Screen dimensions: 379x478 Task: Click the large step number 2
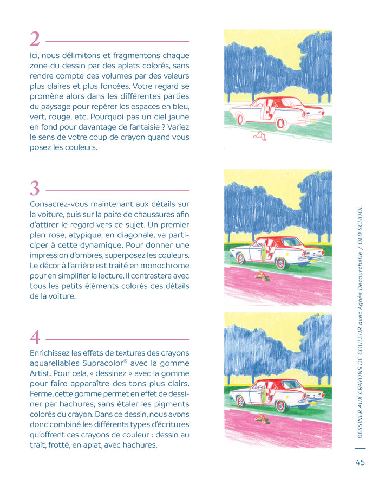[35, 40]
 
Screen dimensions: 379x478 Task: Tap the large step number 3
[35, 189]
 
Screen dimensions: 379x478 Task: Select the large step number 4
[35, 337]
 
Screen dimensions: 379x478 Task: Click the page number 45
[360, 462]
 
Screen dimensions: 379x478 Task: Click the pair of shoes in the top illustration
[260, 135]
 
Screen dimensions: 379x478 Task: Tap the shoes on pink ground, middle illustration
[261, 276]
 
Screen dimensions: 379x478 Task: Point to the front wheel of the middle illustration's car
[241, 259]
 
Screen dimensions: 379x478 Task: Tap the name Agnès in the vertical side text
[360, 305]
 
